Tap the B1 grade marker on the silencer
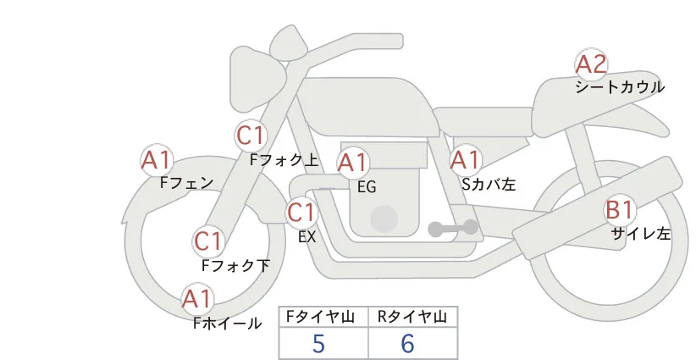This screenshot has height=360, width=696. click(x=620, y=210)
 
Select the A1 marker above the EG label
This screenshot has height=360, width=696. click(x=353, y=163)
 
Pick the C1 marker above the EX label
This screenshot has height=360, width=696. click(x=301, y=213)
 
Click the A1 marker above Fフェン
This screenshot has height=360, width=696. click(x=157, y=160)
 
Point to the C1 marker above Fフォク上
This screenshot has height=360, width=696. click(x=251, y=136)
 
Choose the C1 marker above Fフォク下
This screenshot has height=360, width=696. click(x=208, y=241)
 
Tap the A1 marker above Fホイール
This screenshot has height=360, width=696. click(x=197, y=299)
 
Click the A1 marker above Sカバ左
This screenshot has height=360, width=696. click(x=466, y=160)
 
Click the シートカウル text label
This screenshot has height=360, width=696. click(x=620, y=87)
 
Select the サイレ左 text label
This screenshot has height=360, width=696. click(x=641, y=234)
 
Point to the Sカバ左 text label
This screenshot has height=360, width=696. click(x=489, y=184)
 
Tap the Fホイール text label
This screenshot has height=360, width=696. click(x=228, y=324)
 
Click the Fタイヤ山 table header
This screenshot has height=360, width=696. click(x=321, y=317)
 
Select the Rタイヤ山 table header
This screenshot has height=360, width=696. click(x=412, y=317)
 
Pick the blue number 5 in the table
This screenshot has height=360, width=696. click(x=318, y=343)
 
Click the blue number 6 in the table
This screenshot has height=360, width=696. click(x=407, y=343)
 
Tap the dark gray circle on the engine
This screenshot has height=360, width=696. click(x=384, y=219)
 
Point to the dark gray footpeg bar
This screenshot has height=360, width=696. click(x=453, y=228)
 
